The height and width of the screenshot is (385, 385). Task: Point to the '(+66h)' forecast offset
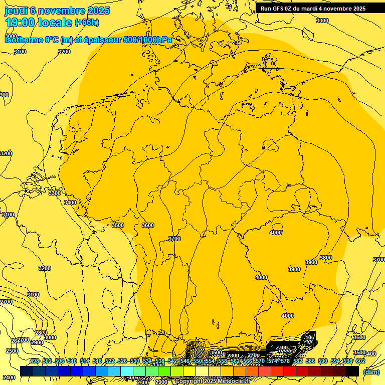click(87, 23)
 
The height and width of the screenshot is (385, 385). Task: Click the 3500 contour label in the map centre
click(118, 225)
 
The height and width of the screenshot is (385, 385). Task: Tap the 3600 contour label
click(148, 225)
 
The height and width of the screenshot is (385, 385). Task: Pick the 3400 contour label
click(70, 203)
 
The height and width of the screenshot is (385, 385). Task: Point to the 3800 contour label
click(326, 258)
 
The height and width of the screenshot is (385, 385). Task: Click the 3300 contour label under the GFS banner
click(322, 21)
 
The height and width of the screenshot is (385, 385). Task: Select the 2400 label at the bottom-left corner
click(8, 377)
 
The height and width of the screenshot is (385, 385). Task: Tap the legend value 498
click(35, 361)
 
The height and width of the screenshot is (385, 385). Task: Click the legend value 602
click(360, 361)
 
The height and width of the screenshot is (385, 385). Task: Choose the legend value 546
click(185, 361)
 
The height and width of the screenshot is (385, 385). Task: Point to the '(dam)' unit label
click(371, 372)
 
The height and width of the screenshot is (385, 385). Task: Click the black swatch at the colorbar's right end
click(352, 371)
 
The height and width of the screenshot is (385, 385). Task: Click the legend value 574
click(273, 361)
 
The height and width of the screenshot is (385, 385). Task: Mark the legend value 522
click(110, 361)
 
